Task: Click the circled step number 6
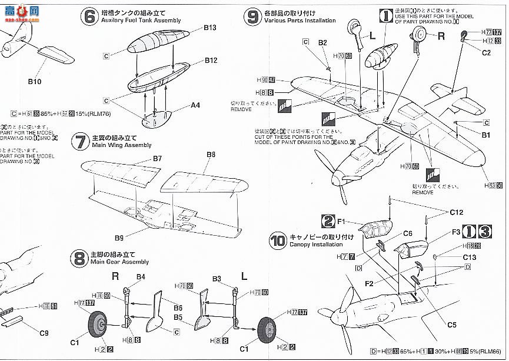point(89,16)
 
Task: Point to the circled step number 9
point(253,16)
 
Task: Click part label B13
point(211,28)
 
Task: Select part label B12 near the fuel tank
point(211,61)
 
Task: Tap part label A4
point(195,105)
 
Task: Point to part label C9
point(44,333)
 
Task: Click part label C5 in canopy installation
point(452,324)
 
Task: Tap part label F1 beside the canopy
point(345,221)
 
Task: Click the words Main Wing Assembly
point(122,145)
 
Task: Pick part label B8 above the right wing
point(211,155)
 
